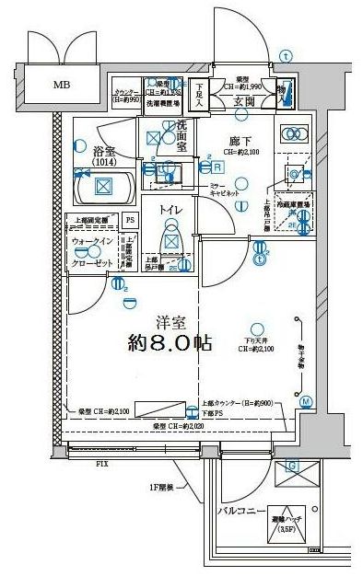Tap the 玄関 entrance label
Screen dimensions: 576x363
[x=244, y=101]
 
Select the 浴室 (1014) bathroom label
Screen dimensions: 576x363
[x=104, y=153]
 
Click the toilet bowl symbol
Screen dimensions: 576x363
[x=171, y=243]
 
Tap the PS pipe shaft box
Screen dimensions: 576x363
[x=130, y=220]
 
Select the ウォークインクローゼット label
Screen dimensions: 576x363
[x=93, y=252]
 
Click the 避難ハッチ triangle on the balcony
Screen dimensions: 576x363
[x=290, y=525]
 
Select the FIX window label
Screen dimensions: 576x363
[x=101, y=464]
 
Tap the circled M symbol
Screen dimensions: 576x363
[x=306, y=401]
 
